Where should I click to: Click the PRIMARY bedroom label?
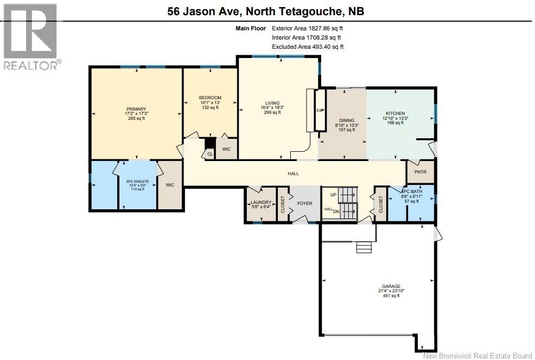click(136, 108)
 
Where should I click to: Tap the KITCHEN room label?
click(396, 113)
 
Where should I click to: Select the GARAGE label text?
click(391, 286)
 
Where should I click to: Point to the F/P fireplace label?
click(320, 111)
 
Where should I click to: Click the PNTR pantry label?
click(421, 172)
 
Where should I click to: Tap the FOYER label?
click(304, 204)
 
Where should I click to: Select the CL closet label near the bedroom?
click(209, 154)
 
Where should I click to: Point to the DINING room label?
click(347, 120)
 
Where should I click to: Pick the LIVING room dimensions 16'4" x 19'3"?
click(272, 108)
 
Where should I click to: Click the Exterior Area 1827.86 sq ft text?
click(308, 28)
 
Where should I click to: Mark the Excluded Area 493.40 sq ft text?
click(308, 47)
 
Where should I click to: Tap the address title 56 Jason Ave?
click(267, 11)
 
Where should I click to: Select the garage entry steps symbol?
click(364, 247)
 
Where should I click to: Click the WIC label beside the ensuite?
click(170, 185)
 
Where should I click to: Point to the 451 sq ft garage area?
click(391, 296)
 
